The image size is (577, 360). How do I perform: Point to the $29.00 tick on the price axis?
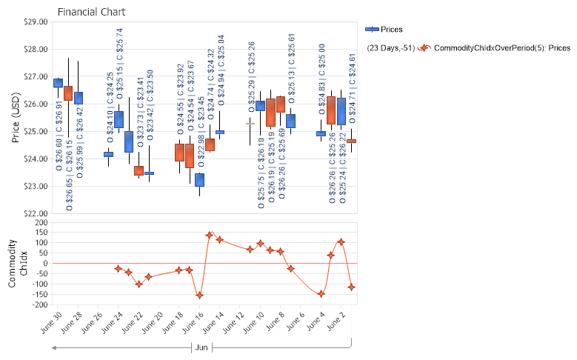pyautogui.click(x=36, y=22)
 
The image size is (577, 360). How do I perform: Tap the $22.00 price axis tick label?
pyautogui.click(x=36, y=213)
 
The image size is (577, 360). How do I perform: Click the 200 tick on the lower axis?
pyautogui.click(x=41, y=222)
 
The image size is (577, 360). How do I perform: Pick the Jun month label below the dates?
pyautogui.click(x=201, y=347)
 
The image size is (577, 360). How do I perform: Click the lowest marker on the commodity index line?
pyautogui.click(x=199, y=295)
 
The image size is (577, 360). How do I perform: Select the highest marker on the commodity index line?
pyautogui.click(x=210, y=235)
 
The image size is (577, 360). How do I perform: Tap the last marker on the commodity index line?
pyautogui.click(x=351, y=287)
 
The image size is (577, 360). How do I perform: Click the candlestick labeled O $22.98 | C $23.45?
pyautogui.click(x=199, y=179)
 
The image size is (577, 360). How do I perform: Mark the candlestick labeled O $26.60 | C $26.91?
pyautogui.click(x=58, y=82)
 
